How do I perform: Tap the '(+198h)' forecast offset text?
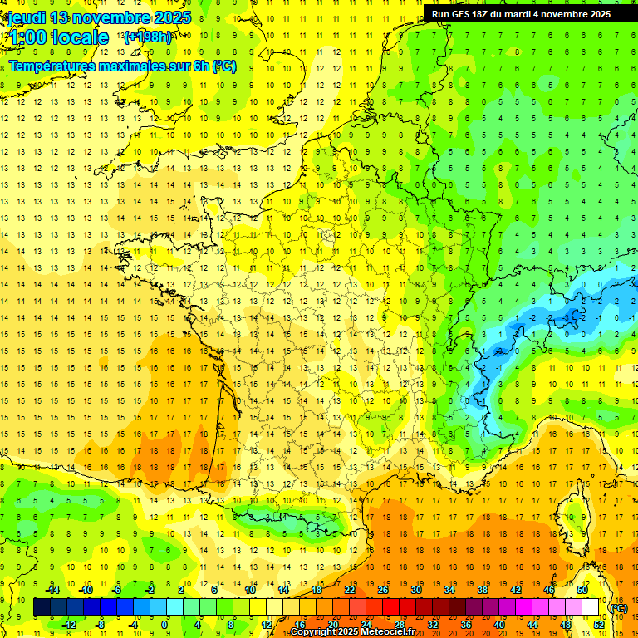(147, 37)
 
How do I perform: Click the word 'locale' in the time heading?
(80, 37)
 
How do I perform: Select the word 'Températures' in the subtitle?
(52, 66)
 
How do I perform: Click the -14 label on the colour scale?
(53, 590)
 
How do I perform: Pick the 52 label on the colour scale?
(599, 625)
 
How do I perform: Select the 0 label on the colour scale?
(164, 625)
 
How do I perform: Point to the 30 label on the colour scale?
(416, 590)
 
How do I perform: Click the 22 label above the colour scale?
(350, 590)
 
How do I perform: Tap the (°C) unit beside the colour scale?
(619, 607)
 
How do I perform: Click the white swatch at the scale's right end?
(591, 607)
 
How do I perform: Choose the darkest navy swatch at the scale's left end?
(42, 607)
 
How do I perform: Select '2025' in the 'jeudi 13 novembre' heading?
(170, 17)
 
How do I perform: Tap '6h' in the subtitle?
(200, 66)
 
